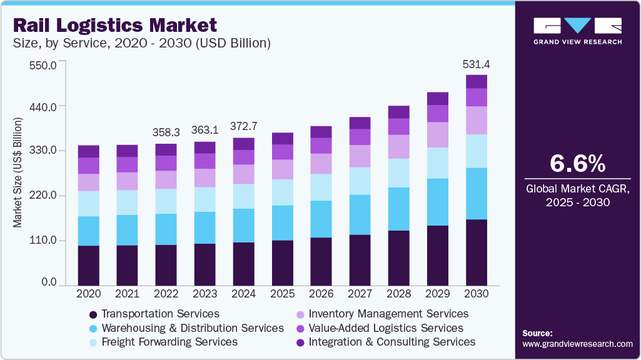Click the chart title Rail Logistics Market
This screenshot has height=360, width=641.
pyautogui.click(x=115, y=25)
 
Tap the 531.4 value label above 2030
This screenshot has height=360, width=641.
pyautogui.click(x=477, y=64)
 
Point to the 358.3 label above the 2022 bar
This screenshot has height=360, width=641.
pyautogui.click(x=166, y=132)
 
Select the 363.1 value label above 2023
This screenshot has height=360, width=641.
pyautogui.click(x=204, y=131)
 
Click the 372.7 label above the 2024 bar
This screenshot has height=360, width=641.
pyautogui.click(x=244, y=126)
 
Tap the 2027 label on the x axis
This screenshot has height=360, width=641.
pyautogui.click(x=360, y=293)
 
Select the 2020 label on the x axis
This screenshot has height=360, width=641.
pyautogui.click(x=89, y=293)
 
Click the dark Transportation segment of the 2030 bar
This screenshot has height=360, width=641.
pyautogui.click(x=477, y=252)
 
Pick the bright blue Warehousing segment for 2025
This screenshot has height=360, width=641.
pyautogui.click(x=283, y=222)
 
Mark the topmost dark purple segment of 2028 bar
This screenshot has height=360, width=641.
pyautogui.click(x=399, y=112)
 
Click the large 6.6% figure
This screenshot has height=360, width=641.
pyautogui.click(x=577, y=164)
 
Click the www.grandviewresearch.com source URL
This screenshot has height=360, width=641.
pyautogui.click(x=577, y=344)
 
